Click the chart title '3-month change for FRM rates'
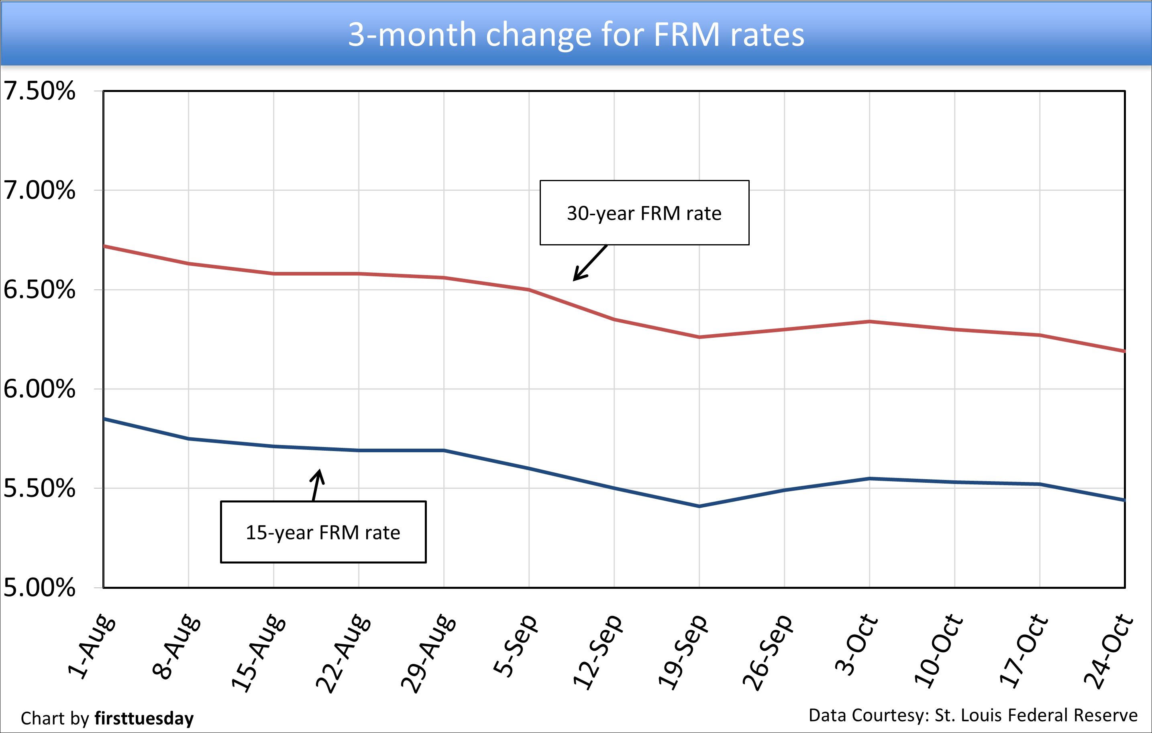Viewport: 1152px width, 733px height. (575, 35)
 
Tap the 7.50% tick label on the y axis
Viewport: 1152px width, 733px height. (39, 90)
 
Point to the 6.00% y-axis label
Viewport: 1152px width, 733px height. (39, 388)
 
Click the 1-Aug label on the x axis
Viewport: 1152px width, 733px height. (91, 646)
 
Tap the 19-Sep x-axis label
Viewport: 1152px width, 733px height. (682, 651)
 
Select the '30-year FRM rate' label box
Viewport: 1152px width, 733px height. (644, 213)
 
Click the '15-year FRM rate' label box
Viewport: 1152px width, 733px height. (323, 532)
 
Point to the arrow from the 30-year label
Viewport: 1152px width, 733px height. (589, 263)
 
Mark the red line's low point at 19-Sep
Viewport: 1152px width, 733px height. (699, 337)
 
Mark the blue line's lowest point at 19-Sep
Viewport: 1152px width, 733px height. (699, 506)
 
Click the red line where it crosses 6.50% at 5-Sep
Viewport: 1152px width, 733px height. (529, 290)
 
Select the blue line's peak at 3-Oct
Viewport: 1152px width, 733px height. (869, 478)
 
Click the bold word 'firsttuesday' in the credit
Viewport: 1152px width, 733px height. (144, 718)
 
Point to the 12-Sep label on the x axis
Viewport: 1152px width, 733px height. (597, 651)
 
